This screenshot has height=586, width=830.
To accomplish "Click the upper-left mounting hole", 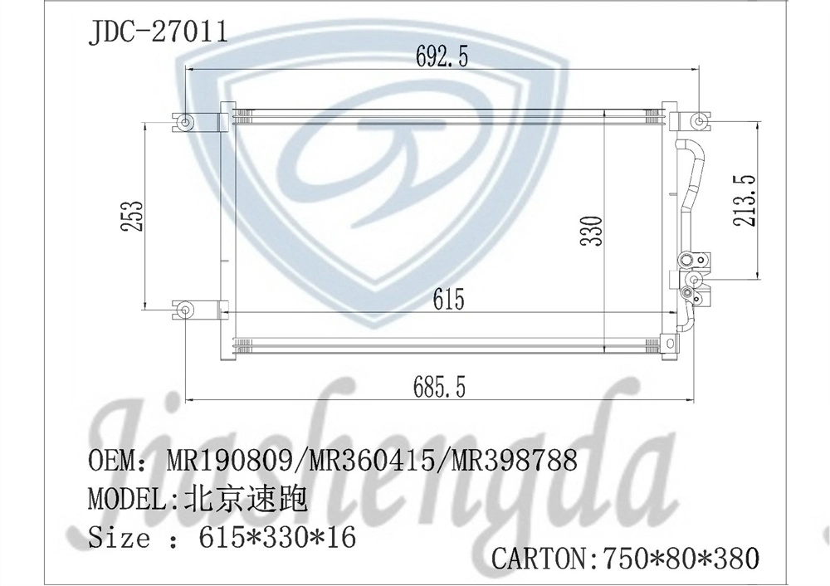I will pyautogui.click(x=185, y=123).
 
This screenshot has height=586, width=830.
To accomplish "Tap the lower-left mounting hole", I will pyautogui.click(x=185, y=311).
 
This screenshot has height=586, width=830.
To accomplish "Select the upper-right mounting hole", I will pyautogui.click(x=701, y=124).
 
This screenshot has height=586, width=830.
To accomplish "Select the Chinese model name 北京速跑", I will pyautogui.click(x=245, y=500).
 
